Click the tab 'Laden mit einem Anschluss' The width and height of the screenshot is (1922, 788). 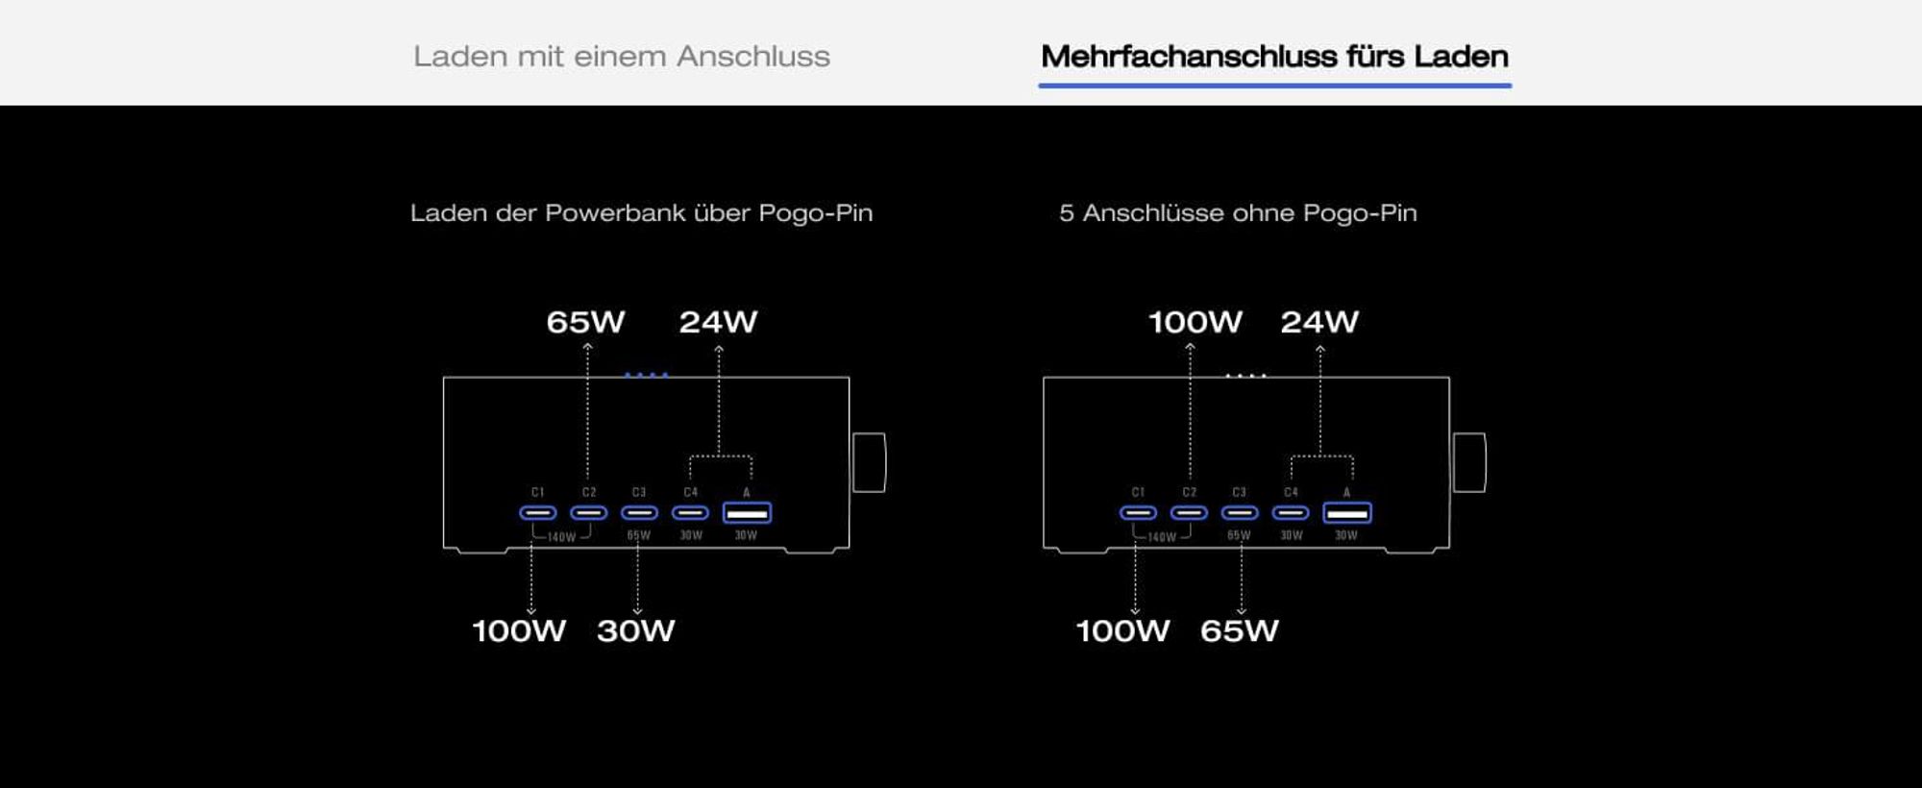tap(622, 56)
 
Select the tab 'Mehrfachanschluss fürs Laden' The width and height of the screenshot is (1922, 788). tap(1274, 56)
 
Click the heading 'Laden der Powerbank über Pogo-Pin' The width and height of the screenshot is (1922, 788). tap(641, 212)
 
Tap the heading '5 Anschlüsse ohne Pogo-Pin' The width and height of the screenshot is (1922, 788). tap(1238, 212)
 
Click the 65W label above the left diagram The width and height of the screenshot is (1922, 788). tap(585, 322)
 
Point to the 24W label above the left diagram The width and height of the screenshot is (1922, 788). tap(718, 322)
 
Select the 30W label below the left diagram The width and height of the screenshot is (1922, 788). tap(636, 630)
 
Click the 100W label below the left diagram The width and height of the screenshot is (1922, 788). tap(519, 630)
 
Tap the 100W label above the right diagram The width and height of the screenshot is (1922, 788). tap(1195, 322)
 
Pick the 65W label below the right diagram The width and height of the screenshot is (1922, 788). tap(1240, 630)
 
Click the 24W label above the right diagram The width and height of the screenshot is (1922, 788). tap(1319, 322)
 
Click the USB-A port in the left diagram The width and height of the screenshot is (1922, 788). tap(747, 513)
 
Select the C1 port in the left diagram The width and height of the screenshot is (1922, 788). tap(538, 513)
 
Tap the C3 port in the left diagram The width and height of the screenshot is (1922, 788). tap(639, 513)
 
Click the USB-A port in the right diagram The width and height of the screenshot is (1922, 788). tap(1347, 513)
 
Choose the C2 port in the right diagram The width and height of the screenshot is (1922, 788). tap(1189, 513)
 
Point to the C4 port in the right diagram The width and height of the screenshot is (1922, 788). tap(1291, 513)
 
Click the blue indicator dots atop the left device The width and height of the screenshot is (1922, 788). tap(646, 375)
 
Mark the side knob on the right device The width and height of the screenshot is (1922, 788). tap(1469, 462)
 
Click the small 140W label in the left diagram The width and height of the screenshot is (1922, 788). tap(561, 537)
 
